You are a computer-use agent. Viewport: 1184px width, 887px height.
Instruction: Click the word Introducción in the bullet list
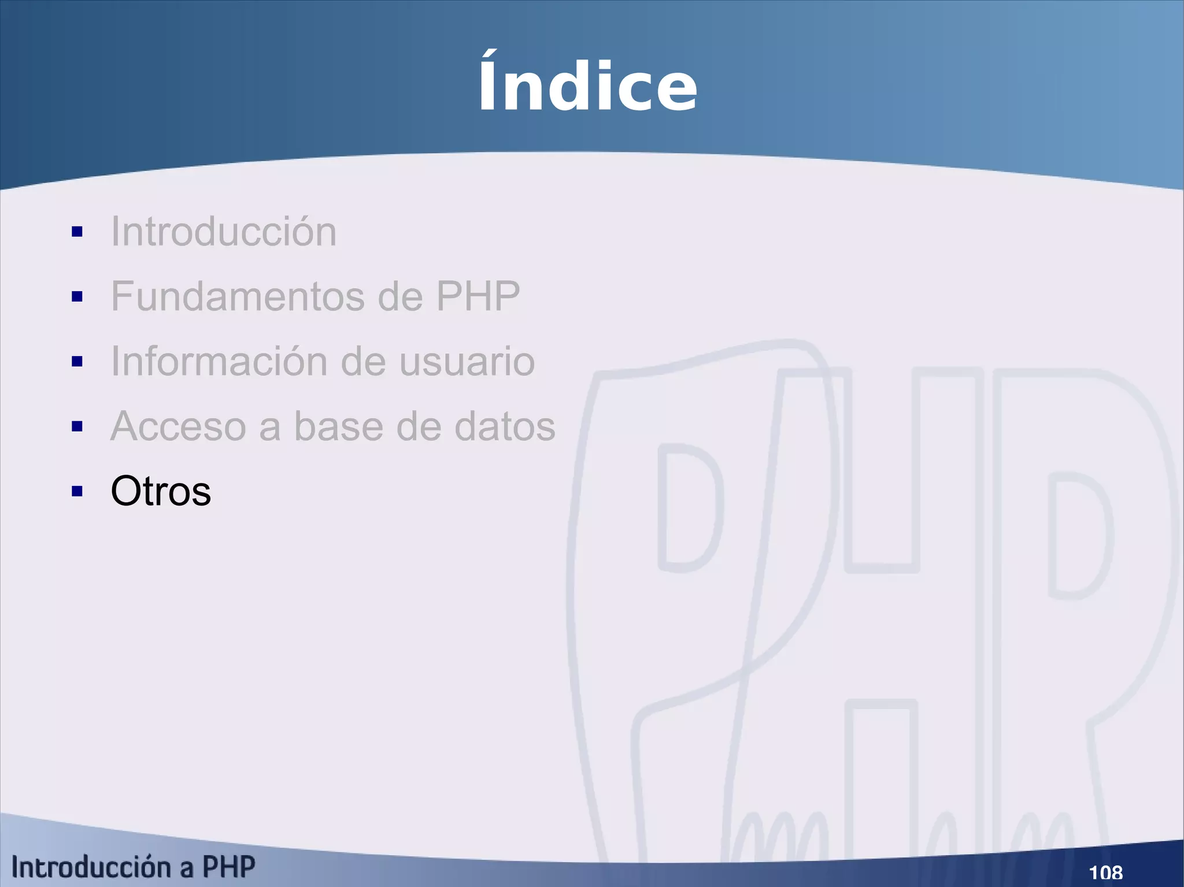tap(223, 232)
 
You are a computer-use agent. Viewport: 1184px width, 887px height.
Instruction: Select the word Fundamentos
tap(238, 296)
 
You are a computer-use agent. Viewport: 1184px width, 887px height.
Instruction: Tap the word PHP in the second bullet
tap(478, 296)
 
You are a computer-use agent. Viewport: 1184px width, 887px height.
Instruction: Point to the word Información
tap(219, 361)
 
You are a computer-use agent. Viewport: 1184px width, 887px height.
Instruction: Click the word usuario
tap(467, 361)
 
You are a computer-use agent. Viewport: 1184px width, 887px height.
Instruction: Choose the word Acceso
tap(178, 426)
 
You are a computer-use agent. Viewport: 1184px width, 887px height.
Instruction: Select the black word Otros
tap(161, 491)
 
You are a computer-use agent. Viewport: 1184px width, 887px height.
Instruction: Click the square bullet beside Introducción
tap(77, 232)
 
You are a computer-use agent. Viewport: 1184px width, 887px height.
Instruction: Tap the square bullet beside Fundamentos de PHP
tap(77, 297)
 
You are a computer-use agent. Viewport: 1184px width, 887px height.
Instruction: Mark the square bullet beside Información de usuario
tap(77, 362)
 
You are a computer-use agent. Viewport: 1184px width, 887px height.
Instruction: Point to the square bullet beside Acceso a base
tap(77, 426)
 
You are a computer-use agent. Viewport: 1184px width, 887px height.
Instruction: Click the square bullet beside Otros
tap(77, 492)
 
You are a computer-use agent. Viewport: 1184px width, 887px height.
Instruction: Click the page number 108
tap(1105, 872)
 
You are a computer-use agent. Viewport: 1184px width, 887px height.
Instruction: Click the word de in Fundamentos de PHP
tap(400, 296)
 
